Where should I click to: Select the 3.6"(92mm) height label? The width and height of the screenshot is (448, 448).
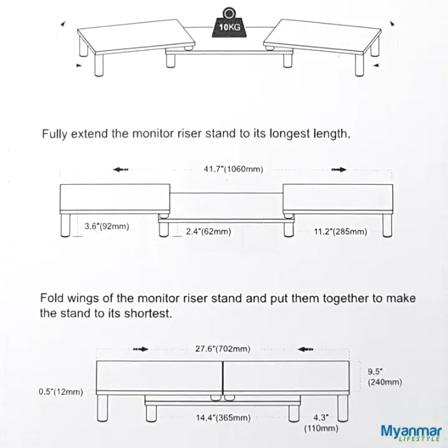pyautogui.click(x=107, y=226)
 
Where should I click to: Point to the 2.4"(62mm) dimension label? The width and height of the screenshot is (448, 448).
pyautogui.click(x=208, y=231)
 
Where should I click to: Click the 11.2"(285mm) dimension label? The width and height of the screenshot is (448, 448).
pyautogui.click(x=340, y=231)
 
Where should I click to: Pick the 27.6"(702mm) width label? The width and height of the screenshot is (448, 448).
pyautogui.click(x=223, y=349)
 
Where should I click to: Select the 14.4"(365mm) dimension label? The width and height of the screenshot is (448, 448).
pyautogui.click(x=223, y=418)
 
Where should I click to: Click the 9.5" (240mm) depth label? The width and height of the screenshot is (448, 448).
pyautogui.click(x=385, y=376)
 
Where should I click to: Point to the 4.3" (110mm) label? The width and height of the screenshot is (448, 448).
pyautogui.click(x=320, y=422)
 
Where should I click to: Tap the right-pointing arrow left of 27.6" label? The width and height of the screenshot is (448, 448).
pyautogui.click(x=141, y=349)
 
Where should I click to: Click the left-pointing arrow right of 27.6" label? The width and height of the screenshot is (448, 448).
pyautogui.click(x=306, y=349)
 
